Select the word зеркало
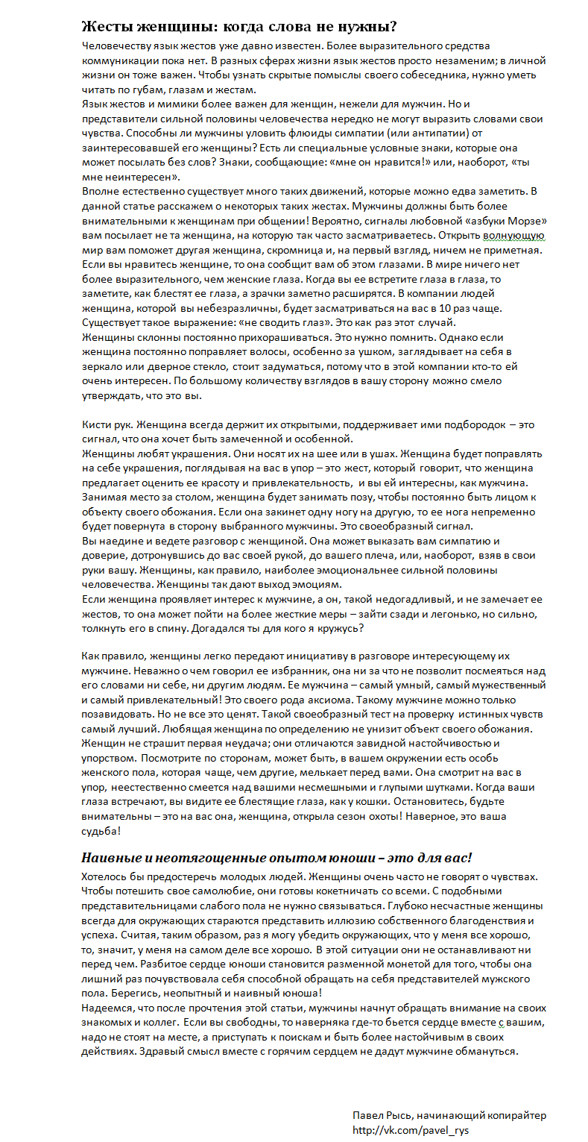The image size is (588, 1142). click(x=103, y=366)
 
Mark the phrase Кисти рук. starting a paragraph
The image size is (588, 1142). click(x=106, y=424)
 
